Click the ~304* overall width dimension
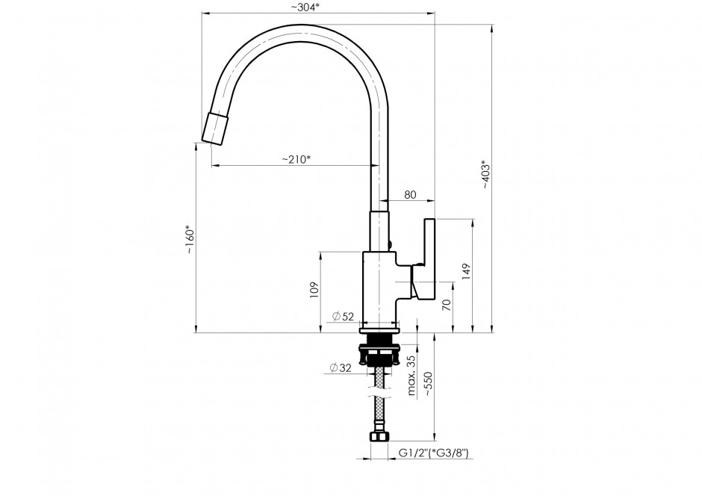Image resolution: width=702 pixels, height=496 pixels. click(x=305, y=7)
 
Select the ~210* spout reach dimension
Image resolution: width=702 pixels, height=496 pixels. click(x=296, y=159)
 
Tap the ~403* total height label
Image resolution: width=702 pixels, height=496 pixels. click(x=486, y=174)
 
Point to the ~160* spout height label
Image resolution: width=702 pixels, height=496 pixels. click(x=190, y=240)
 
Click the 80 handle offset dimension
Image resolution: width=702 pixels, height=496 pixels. click(x=410, y=195)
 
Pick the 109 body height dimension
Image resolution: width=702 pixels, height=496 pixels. click(x=314, y=290)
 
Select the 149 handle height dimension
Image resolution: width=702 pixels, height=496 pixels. click(x=466, y=272)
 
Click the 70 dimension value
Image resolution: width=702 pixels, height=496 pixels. click(x=447, y=305)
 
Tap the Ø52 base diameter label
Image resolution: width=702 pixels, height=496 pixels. click(x=343, y=317)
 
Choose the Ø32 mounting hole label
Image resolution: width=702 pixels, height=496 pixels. click(x=341, y=368)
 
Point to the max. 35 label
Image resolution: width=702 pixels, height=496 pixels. click(x=412, y=375)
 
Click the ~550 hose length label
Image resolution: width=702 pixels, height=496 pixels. click(x=428, y=384)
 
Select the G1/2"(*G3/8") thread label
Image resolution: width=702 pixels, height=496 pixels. click(x=433, y=453)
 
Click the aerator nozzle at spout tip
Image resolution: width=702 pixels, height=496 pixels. click(x=215, y=129)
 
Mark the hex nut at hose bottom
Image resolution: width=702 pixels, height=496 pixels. click(x=379, y=437)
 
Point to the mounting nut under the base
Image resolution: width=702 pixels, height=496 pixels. click(x=379, y=353)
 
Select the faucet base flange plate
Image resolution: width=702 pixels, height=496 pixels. click(x=379, y=331)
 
